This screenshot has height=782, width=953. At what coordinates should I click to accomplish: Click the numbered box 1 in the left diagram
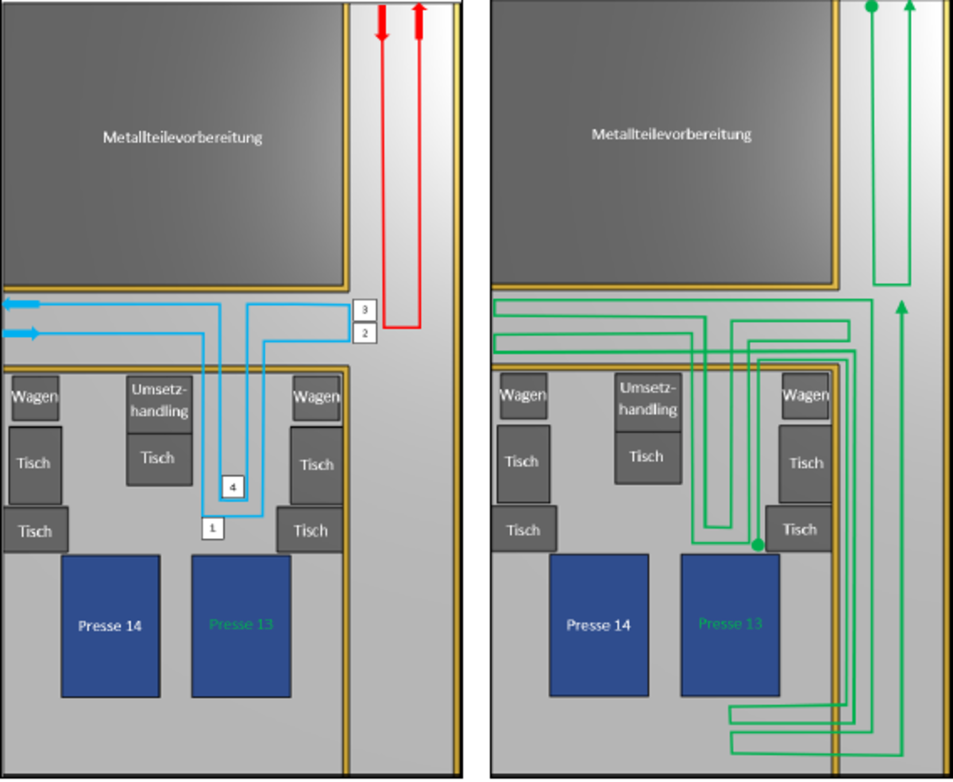tap(213, 527)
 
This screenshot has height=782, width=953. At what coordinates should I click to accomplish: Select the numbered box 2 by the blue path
tap(365, 332)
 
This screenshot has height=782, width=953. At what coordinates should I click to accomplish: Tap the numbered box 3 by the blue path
tap(365, 309)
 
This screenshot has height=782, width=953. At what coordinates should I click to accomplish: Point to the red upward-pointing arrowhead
tap(419, 20)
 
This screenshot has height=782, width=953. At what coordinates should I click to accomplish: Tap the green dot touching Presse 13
tap(758, 545)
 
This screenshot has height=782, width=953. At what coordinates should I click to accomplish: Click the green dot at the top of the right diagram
tap(871, 6)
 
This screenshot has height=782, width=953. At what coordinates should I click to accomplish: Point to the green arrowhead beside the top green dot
tap(909, 6)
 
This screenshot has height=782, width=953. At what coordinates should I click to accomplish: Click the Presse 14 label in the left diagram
tap(110, 626)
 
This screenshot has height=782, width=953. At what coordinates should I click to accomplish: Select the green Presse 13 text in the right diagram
tap(731, 624)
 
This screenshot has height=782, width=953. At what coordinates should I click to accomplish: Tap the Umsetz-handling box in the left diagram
tap(159, 401)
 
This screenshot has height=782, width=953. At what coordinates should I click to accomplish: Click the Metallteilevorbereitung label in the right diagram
tap(671, 134)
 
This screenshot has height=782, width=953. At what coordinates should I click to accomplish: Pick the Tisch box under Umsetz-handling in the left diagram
tap(159, 459)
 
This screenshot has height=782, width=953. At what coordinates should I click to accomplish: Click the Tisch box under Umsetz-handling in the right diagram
tap(647, 457)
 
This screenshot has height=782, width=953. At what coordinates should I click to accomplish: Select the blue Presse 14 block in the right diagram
tap(599, 625)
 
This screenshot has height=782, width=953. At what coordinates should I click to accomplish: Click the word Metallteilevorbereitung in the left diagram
tap(182, 137)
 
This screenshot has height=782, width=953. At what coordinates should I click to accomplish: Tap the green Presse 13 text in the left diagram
tap(241, 625)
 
